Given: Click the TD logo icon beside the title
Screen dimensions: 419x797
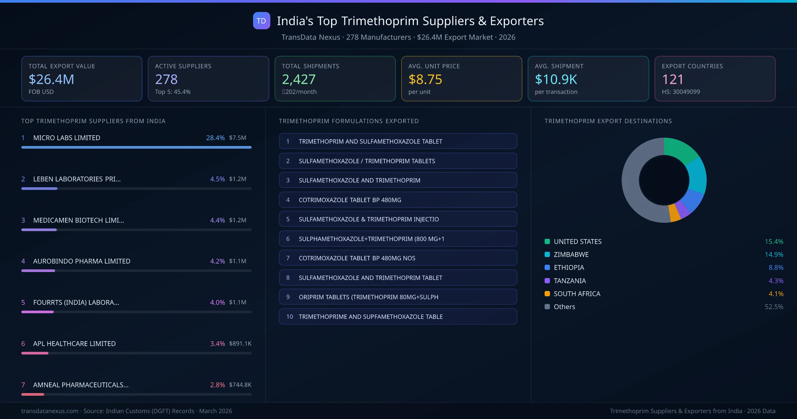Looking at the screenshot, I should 261,21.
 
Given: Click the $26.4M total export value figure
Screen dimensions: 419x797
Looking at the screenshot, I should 51,79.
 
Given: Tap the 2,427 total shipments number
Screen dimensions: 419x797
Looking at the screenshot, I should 299,79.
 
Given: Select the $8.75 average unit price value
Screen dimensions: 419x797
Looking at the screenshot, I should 425,79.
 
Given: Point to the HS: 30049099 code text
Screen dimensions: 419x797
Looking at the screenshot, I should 680,92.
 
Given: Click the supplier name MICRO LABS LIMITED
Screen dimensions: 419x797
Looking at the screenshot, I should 66,138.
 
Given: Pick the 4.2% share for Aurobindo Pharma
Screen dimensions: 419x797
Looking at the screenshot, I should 217,261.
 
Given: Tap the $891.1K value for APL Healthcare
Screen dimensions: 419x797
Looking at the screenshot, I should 240,344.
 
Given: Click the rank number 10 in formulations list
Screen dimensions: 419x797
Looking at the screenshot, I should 290,317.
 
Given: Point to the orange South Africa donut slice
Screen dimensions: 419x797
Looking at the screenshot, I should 674,213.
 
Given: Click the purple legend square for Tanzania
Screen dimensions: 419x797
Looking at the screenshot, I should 547,281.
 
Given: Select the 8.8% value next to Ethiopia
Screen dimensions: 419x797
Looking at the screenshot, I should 776,267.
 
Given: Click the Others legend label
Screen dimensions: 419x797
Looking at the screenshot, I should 564,307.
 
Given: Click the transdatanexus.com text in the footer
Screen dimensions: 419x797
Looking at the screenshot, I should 50,411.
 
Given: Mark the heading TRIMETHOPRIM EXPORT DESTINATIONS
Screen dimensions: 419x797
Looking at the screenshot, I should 608,121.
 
